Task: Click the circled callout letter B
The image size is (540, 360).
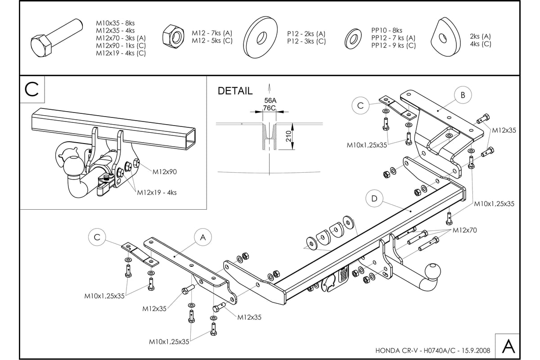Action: pyautogui.click(x=463, y=95)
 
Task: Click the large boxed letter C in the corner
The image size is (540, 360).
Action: pyautogui.click(x=32, y=90)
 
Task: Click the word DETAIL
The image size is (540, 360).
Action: pyautogui.click(x=235, y=91)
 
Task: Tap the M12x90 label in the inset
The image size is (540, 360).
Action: pyautogui.click(x=165, y=171)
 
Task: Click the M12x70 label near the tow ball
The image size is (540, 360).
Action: pyautogui.click(x=464, y=230)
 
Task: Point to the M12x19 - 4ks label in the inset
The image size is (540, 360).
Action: pyautogui.click(x=157, y=193)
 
